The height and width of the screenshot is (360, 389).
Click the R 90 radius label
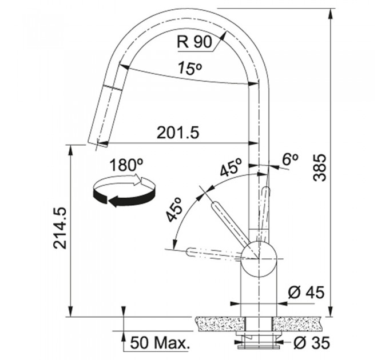click(194, 42)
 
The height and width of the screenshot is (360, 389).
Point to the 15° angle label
click(190, 69)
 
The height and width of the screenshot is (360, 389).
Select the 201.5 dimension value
click(178, 133)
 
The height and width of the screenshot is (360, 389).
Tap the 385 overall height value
click(320, 167)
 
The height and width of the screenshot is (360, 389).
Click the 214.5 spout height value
click(60, 228)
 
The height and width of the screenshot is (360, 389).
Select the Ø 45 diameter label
click(306, 293)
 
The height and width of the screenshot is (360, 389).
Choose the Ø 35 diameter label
click(312, 343)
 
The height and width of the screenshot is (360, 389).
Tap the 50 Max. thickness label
click(160, 343)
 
